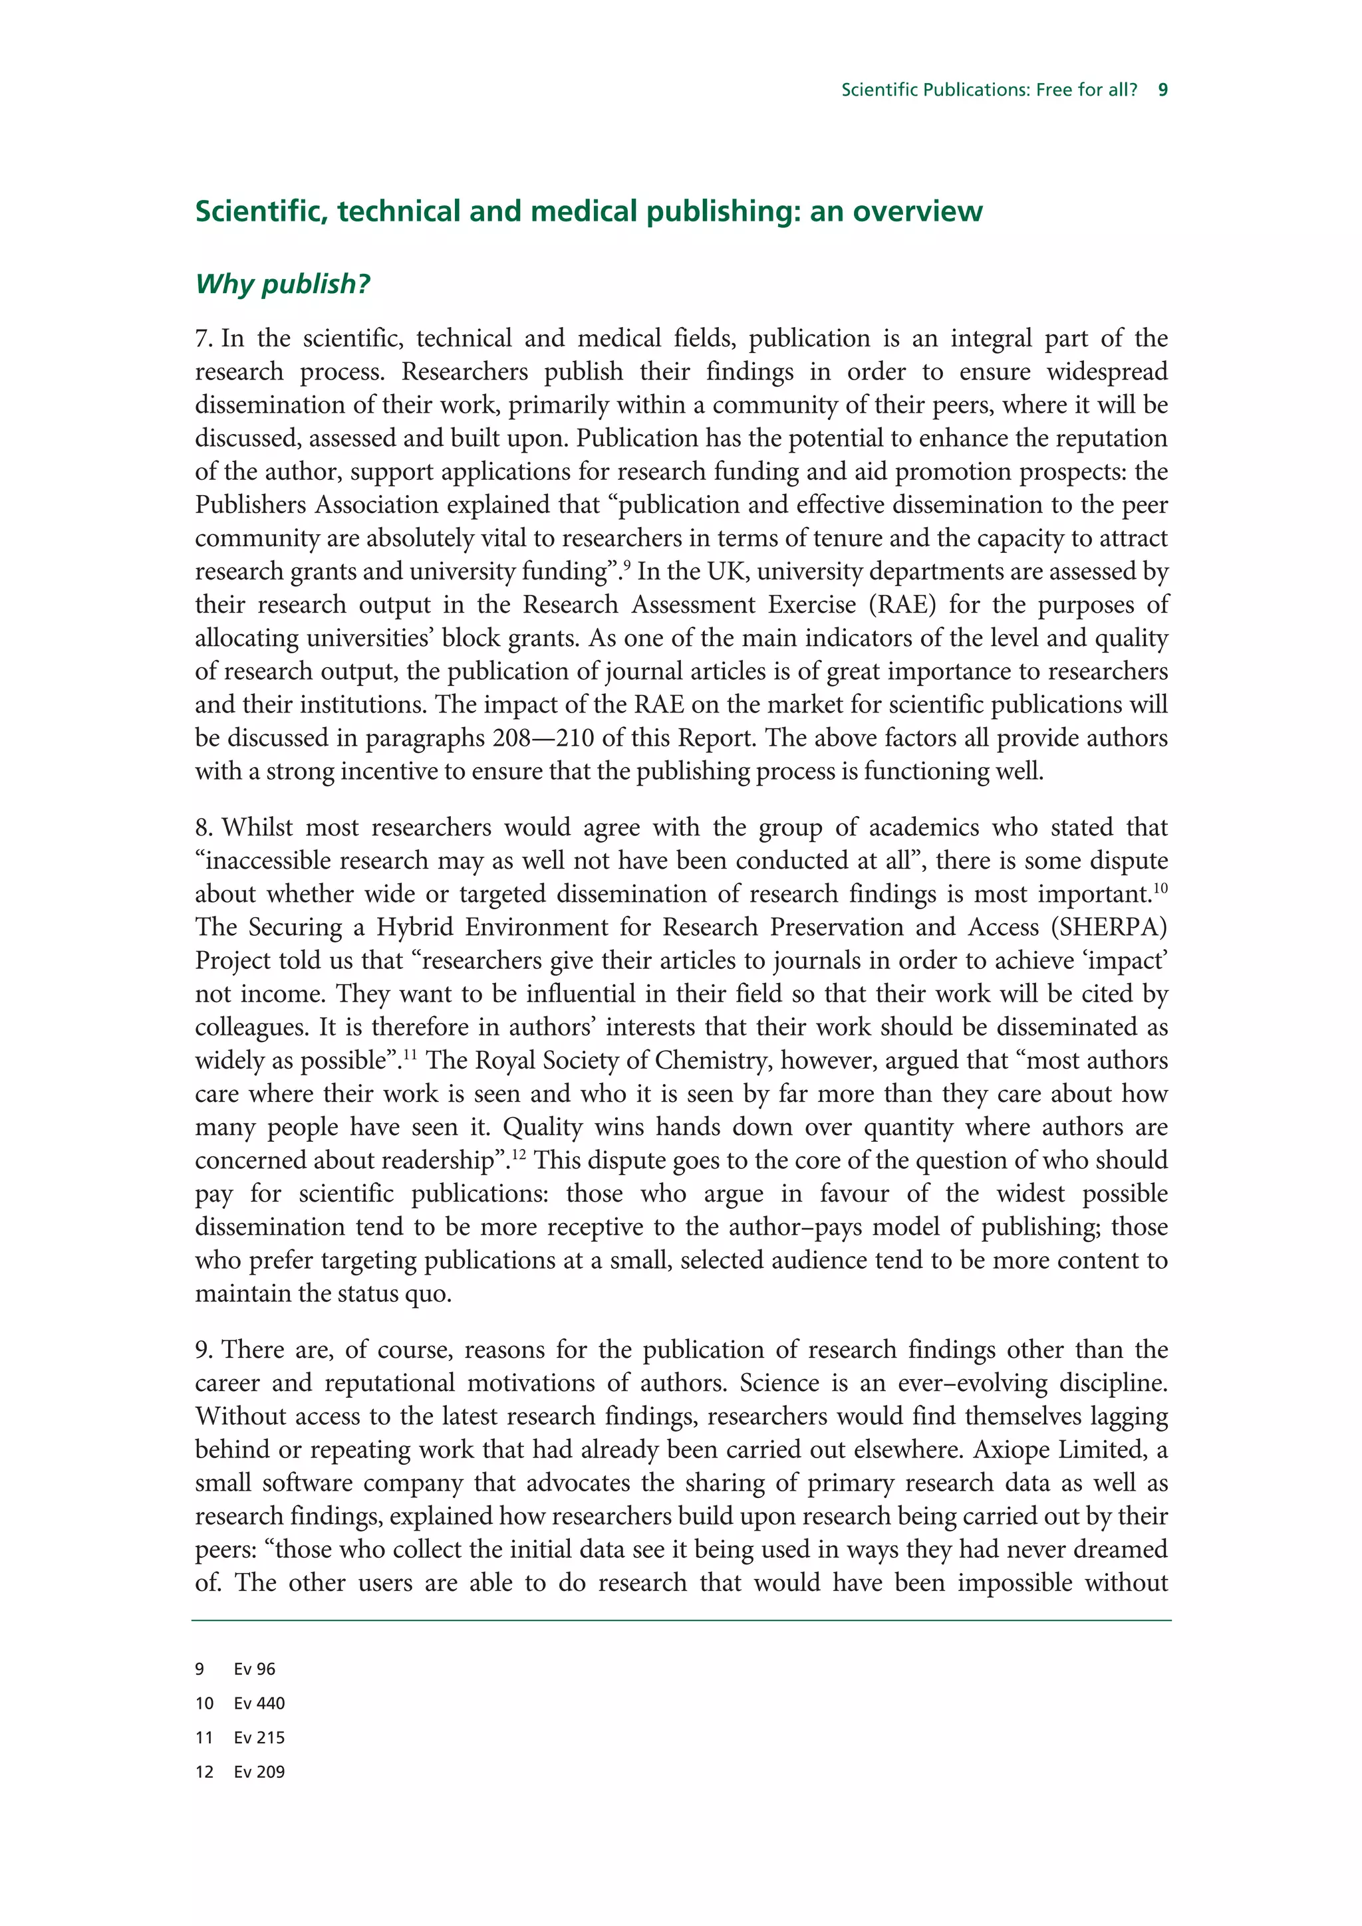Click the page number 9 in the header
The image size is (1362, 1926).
click(x=1162, y=90)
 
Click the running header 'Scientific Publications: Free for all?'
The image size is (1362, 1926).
click(x=988, y=90)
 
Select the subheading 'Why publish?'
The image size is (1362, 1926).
click(x=282, y=284)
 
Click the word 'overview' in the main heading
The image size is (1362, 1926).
click(x=917, y=211)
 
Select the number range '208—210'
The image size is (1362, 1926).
click(x=544, y=738)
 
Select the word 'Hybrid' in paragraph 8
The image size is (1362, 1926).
click(x=412, y=928)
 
